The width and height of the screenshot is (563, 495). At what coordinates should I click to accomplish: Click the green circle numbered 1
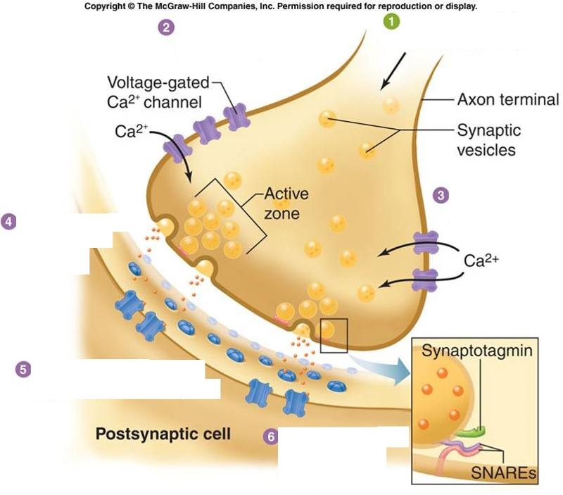tap(391, 22)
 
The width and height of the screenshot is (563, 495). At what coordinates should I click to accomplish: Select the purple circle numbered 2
tap(166, 28)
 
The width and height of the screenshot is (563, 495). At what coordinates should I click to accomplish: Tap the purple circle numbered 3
tap(441, 195)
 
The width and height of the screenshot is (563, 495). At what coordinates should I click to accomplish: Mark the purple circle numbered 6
tap(270, 437)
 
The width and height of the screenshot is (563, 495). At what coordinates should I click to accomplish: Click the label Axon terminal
tap(507, 99)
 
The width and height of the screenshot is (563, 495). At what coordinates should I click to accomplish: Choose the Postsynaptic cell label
tap(163, 433)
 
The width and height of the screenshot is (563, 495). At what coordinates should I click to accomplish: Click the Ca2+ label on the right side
tap(483, 260)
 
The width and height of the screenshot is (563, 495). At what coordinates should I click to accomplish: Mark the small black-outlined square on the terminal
tap(334, 334)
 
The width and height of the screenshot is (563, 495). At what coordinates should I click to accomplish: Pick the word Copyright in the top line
tap(108, 6)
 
